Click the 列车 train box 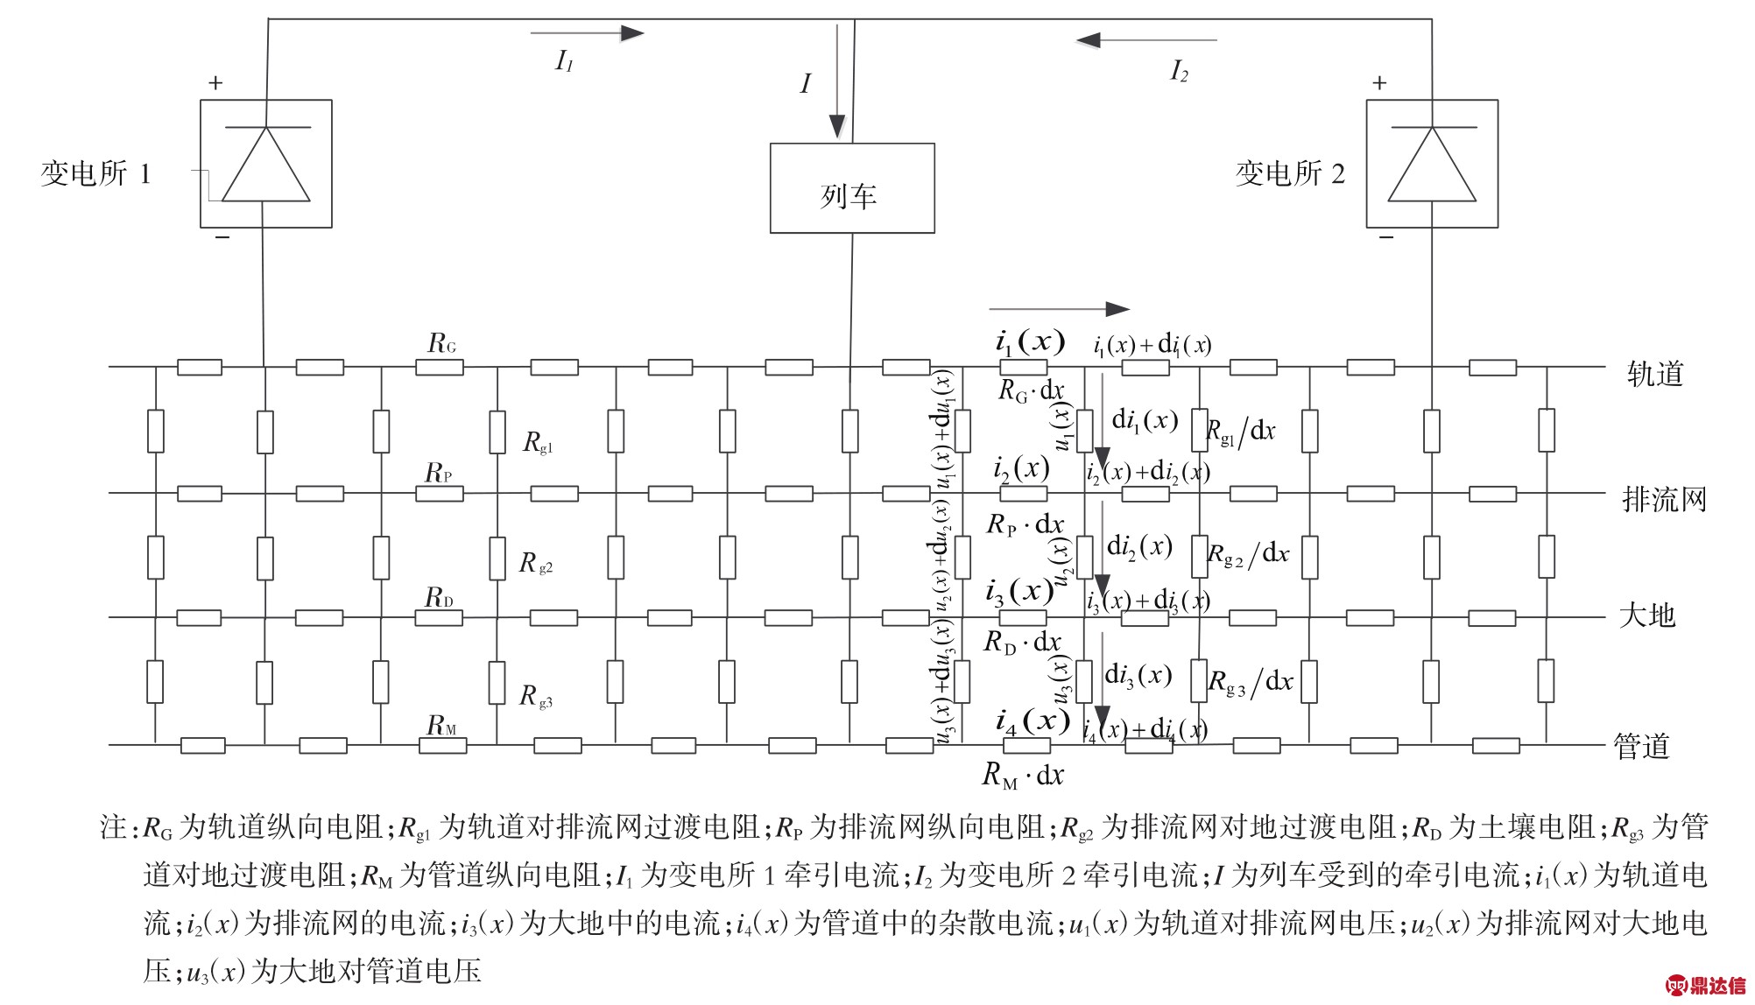(x=851, y=189)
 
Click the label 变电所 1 (x=95, y=173)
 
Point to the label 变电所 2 (x=1289, y=173)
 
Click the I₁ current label (x=565, y=61)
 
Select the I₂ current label (x=1180, y=71)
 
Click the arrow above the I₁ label (x=587, y=33)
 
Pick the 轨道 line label (x=1655, y=374)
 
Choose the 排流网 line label (x=1664, y=500)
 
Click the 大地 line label (x=1646, y=615)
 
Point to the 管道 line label (x=1642, y=747)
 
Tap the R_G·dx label (x=1031, y=390)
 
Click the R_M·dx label (x=1023, y=775)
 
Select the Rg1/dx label (x=1241, y=431)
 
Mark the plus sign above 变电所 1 (x=215, y=83)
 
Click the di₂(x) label (x=1139, y=546)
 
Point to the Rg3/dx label (x=1251, y=682)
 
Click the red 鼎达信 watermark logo (x=1709, y=986)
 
